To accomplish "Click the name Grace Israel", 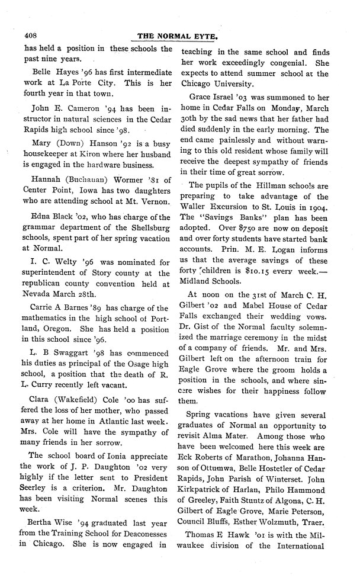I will pyautogui.click(x=218, y=95).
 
